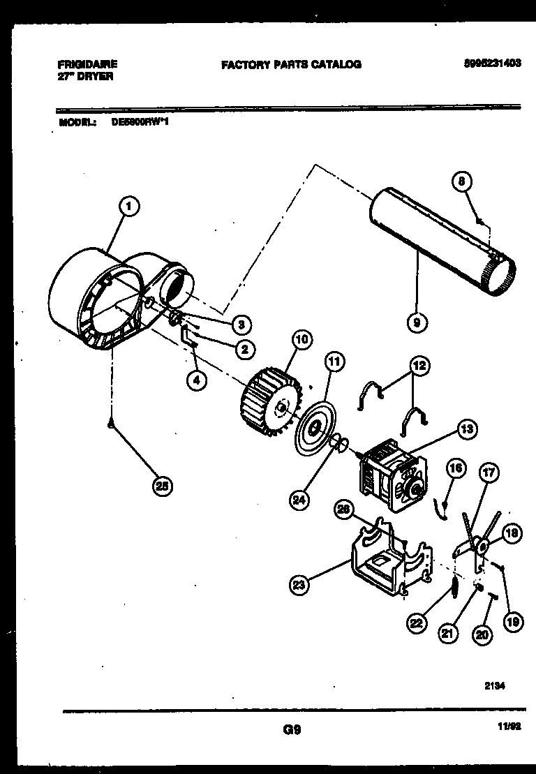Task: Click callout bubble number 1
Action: pos(129,206)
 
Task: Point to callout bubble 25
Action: pos(163,486)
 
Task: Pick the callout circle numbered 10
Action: pos(300,340)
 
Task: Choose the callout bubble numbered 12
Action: pos(419,365)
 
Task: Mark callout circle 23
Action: pos(299,586)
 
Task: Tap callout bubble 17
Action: pos(489,472)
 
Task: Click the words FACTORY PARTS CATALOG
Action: pos(291,64)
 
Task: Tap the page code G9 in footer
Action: pos(292,730)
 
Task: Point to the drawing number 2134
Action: pos(494,686)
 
